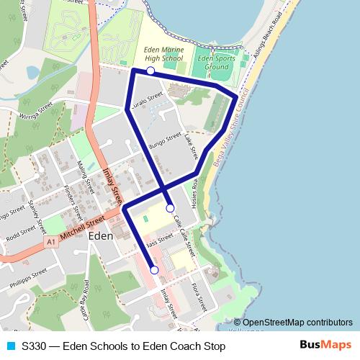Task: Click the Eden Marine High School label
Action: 163,53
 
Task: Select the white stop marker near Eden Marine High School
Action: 150,71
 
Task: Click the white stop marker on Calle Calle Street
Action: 170,208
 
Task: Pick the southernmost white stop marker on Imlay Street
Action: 154,270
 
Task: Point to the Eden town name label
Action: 100,235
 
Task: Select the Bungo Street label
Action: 164,140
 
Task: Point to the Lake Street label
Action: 190,145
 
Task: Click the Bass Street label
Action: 159,240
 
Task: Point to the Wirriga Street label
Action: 37,112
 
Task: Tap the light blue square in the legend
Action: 9,346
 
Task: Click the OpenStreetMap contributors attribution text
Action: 297,323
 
